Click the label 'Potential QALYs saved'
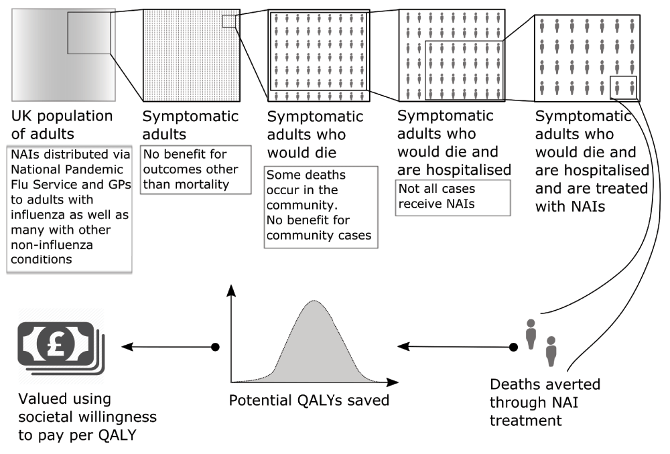point(309,402)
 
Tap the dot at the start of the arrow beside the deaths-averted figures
point(513,347)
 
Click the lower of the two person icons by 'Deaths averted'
point(551,351)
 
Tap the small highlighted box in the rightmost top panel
point(623,88)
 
